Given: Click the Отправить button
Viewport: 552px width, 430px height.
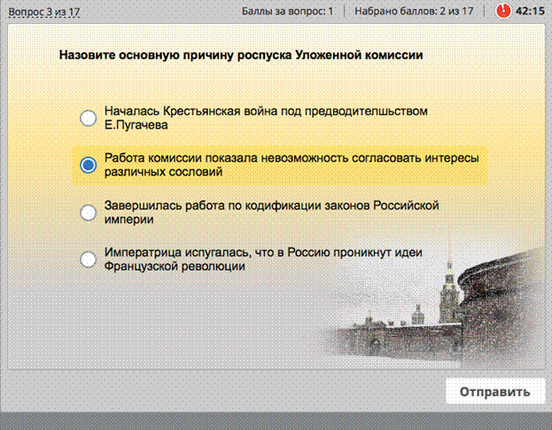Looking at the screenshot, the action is pyautogui.click(x=494, y=391).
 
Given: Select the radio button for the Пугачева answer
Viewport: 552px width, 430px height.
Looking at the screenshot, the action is pyautogui.click(x=88, y=118).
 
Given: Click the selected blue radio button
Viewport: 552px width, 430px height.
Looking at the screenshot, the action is pyautogui.click(x=88, y=165).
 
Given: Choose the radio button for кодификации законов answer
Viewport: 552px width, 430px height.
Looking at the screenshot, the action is pyautogui.click(x=88, y=213).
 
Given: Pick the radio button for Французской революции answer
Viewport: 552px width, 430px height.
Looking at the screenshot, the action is pyautogui.click(x=88, y=260).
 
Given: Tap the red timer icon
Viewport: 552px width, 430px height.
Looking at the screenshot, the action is pyautogui.click(x=502, y=11).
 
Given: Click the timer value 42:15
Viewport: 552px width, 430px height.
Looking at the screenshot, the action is pyautogui.click(x=530, y=12).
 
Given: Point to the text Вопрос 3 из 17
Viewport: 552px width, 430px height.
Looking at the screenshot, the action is pyautogui.click(x=44, y=12).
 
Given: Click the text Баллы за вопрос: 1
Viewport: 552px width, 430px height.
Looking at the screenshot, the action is pyautogui.click(x=287, y=12).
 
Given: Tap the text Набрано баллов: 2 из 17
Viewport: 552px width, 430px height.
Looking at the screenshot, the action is pyautogui.click(x=414, y=12).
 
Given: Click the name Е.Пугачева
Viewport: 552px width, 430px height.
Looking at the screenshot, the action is pyautogui.click(x=136, y=125).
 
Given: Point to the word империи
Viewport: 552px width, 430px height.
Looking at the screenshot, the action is pyautogui.click(x=128, y=219).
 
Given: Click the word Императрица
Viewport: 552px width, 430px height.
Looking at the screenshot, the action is pyautogui.click(x=144, y=253).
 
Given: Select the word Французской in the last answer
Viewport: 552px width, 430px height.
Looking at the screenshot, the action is pyautogui.click(x=141, y=266).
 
